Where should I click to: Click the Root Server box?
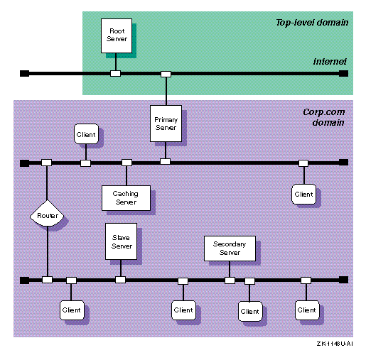click(117, 36)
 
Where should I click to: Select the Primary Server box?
click(166, 124)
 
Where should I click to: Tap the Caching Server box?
click(126, 198)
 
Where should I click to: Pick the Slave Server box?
click(121, 241)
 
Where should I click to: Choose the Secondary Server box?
click(230, 249)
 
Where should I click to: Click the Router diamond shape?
click(47, 214)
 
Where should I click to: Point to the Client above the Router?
click(86, 133)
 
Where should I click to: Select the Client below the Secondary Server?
click(250, 311)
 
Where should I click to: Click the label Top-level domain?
click(312, 23)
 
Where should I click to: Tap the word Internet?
click(330, 62)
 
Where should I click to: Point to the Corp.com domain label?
click(324, 117)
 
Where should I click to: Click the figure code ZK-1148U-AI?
click(335, 344)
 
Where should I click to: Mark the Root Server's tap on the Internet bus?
click(115, 73)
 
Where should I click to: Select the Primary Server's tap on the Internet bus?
click(166, 74)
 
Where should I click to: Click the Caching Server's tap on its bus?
click(127, 163)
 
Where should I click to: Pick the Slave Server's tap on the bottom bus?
click(120, 280)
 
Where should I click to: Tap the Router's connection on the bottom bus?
click(47, 280)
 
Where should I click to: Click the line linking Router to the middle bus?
click(47, 183)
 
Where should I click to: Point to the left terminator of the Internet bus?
click(24, 73)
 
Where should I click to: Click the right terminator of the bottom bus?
click(343, 280)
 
